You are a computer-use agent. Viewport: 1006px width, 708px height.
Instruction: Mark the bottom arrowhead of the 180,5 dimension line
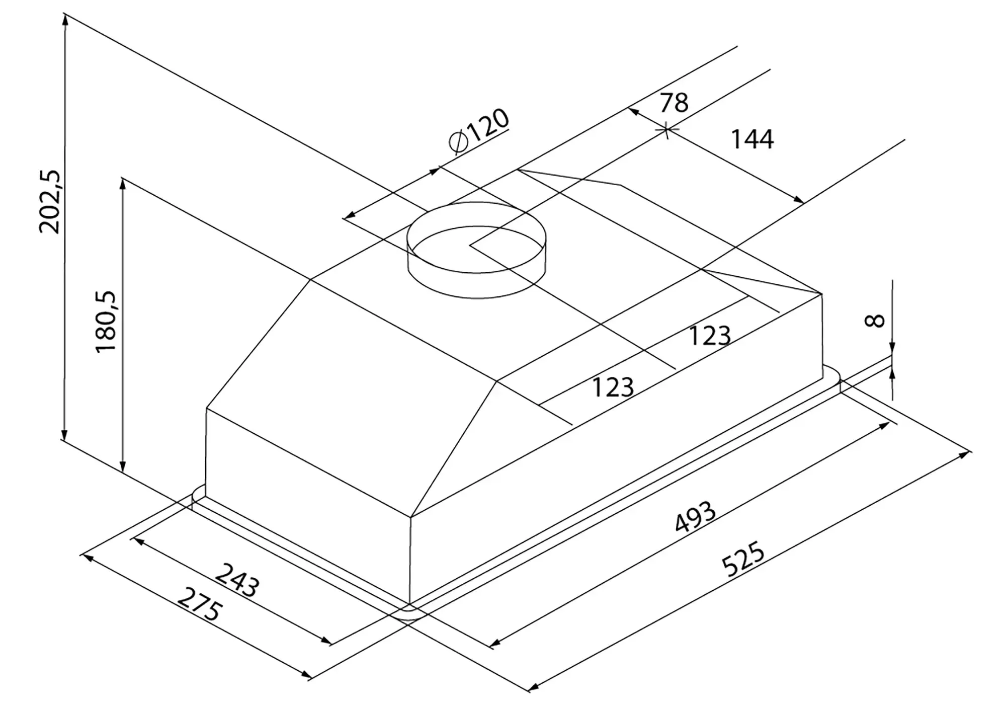point(122,471)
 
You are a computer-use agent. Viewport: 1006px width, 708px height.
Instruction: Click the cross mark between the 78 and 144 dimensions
point(666,130)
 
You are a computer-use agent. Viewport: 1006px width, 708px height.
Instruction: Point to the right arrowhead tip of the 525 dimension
point(971,451)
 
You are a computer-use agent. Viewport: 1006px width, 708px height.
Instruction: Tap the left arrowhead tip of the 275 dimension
point(81,555)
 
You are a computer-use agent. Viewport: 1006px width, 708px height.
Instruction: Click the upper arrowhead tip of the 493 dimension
point(889,423)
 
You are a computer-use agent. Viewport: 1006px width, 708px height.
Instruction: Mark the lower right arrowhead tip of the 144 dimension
point(804,203)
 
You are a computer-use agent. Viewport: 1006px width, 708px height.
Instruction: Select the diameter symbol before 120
point(459,142)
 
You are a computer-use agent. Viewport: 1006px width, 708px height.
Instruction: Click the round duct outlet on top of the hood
point(476,250)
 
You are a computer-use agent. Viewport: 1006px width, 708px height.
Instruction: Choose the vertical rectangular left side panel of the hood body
point(308,506)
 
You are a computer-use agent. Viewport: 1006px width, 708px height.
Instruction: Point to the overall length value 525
point(743,558)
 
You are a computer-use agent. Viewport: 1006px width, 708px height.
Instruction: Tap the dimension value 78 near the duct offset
point(674,103)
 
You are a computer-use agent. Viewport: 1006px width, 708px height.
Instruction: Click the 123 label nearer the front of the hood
point(613,387)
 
